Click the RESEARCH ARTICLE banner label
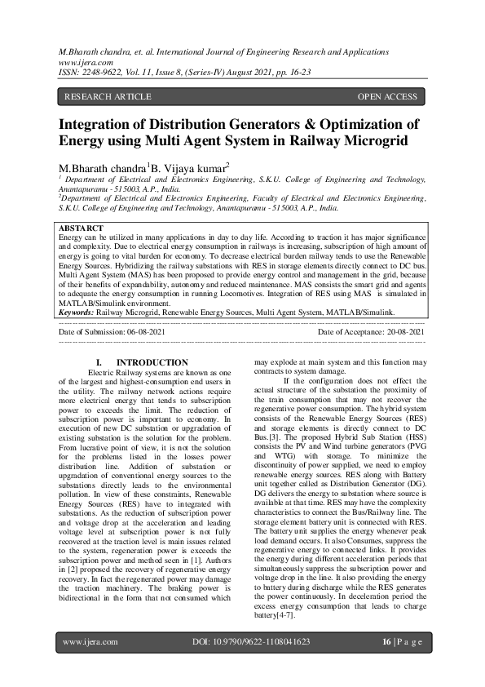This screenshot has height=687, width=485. (x=108, y=96)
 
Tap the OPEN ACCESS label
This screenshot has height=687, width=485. (x=387, y=96)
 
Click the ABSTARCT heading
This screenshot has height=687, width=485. (x=81, y=228)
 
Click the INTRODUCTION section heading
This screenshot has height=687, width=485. (x=152, y=362)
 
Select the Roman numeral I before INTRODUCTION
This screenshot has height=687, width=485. (x=99, y=362)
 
